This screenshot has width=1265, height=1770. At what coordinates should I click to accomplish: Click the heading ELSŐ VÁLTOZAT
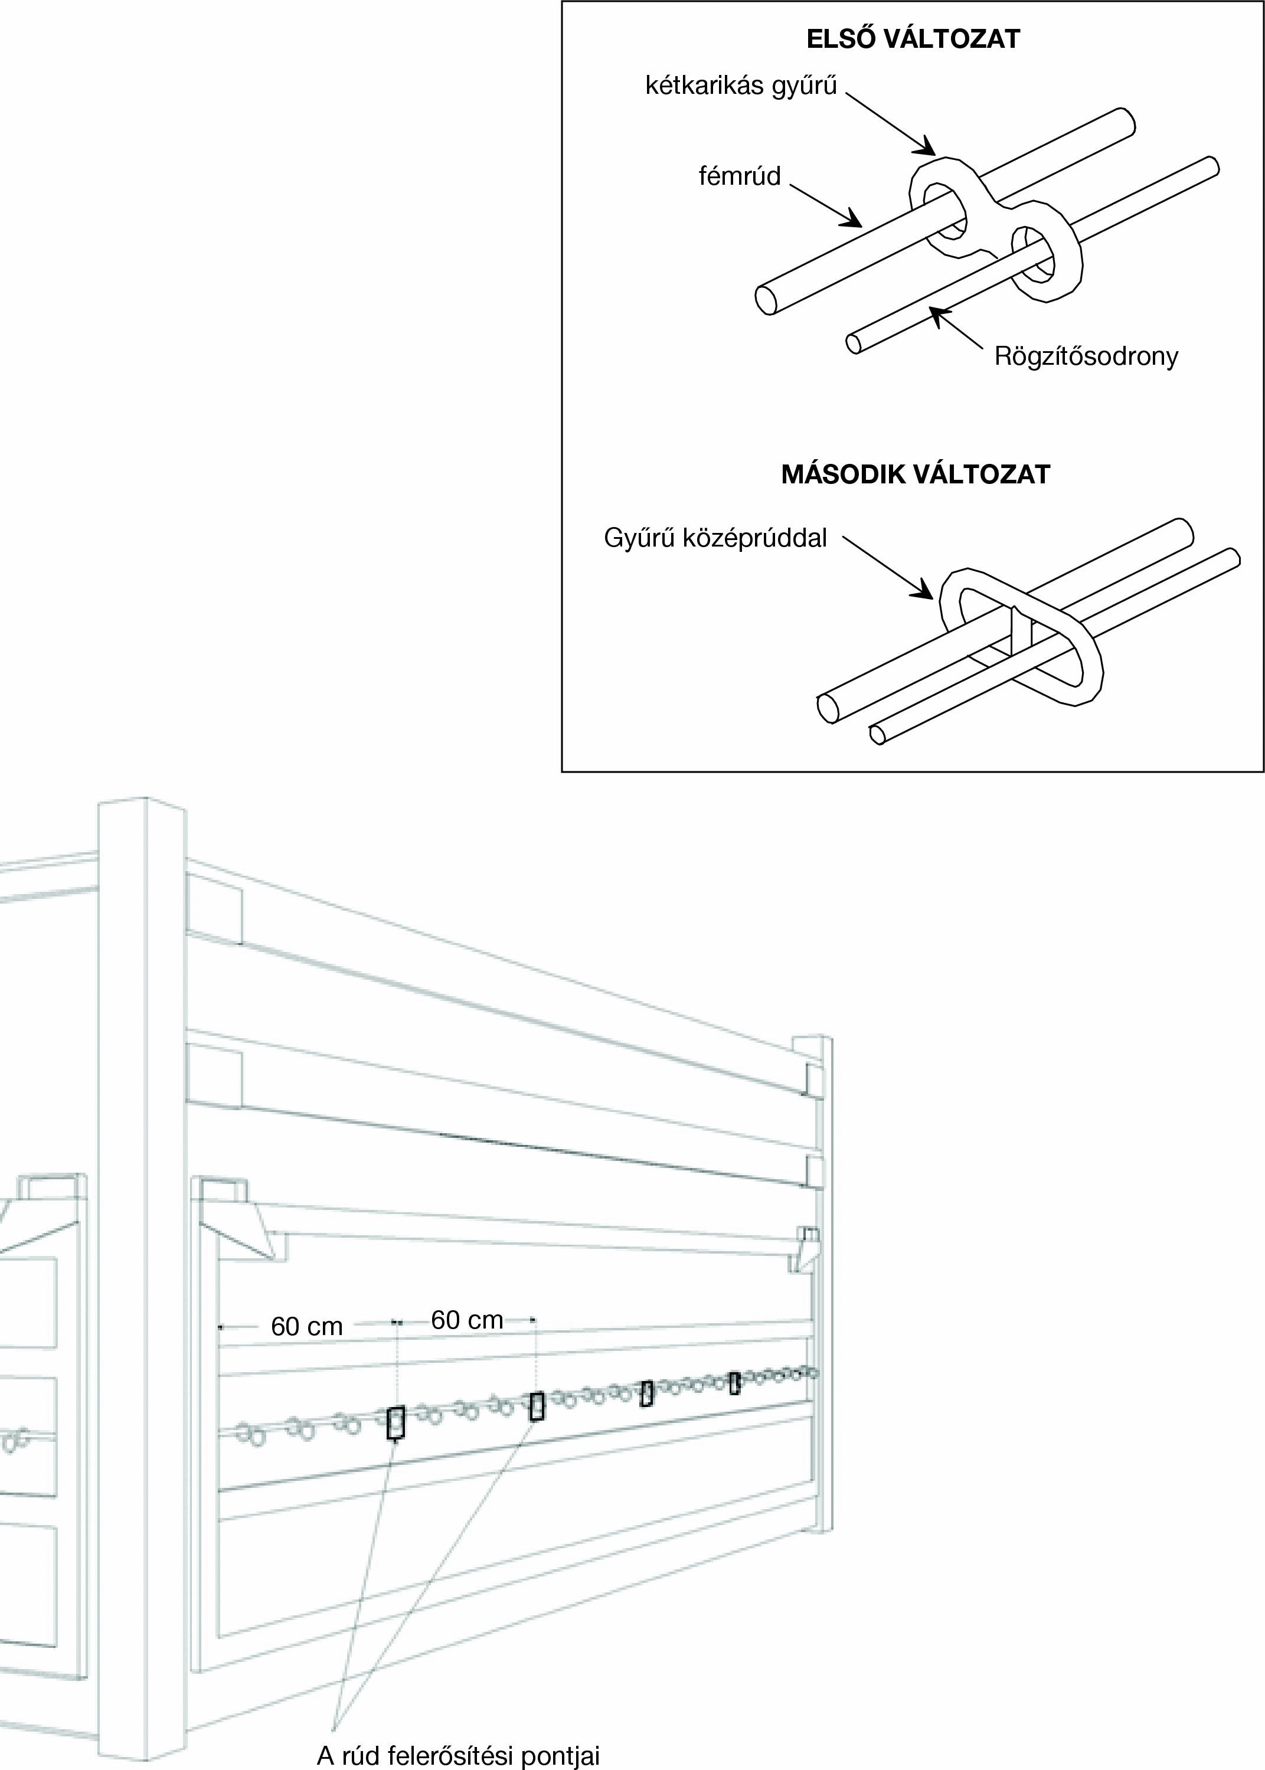(x=913, y=40)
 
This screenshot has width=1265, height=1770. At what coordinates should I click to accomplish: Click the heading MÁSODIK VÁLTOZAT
(x=916, y=475)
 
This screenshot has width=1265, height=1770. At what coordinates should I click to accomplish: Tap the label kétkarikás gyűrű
(x=741, y=86)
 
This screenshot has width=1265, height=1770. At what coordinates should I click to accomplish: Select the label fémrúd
(x=739, y=176)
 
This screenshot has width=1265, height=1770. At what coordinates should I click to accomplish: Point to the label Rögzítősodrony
(x=1086, y=356)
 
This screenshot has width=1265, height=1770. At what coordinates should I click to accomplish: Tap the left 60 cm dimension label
(x=307, y=1326)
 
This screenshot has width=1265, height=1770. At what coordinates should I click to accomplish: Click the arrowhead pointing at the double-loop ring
(x=927, y=146)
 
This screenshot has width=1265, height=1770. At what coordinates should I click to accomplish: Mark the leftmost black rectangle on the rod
(x=395, y=1423)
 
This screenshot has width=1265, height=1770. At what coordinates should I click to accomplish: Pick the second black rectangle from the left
(x=536, y=1406)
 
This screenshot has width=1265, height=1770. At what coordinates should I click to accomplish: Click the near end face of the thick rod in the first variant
(x=766, y=300)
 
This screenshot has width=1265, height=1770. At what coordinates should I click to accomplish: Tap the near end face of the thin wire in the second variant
(x=877, y=734)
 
